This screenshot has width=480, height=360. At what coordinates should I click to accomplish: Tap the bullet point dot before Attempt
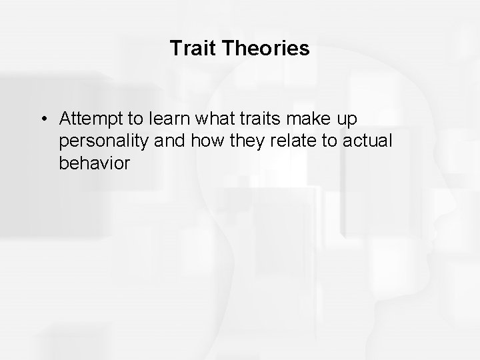[43, 119]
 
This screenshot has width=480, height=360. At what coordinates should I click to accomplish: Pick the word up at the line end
[348, 120]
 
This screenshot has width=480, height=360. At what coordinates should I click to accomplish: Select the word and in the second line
[161, 141]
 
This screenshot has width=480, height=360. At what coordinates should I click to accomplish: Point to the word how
[197, 141]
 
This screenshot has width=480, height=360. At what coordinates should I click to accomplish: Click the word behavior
[94, 163]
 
